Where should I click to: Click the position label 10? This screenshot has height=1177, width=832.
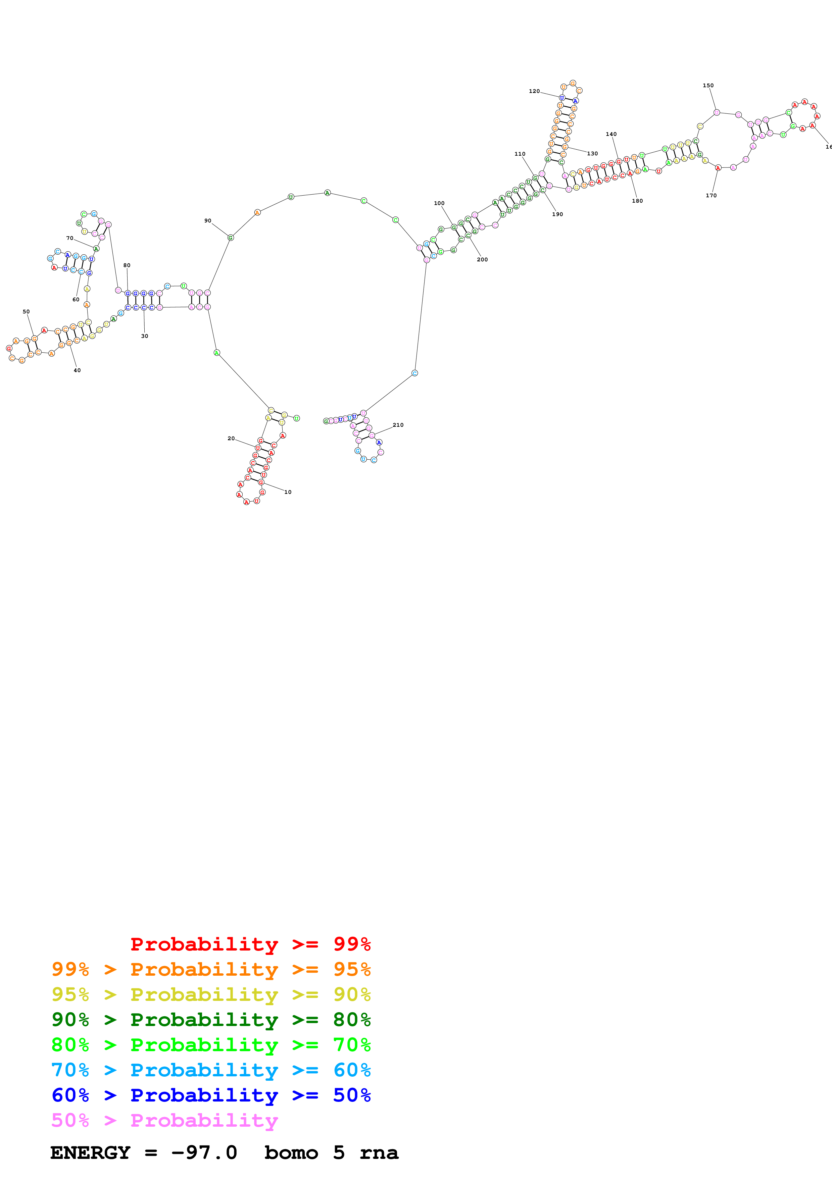pyautogui.click(x=288, y=492)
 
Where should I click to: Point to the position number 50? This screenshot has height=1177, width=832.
pyautogui.click(x=26, y=312)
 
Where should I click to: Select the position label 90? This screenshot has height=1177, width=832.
pyautogui.click(x=208, y=221)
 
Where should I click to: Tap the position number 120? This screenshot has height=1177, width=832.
pyautogui.click(x=534, y=91)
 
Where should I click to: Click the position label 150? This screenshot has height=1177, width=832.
pyautogui.click(x=708, y=86)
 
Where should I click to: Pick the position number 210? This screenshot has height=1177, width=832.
pyautogui.click(x=398, y=425)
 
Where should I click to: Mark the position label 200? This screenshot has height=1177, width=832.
pyautogui.click(x=482, y=259)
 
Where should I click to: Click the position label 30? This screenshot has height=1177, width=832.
pyautogui.click(x=145, y=336)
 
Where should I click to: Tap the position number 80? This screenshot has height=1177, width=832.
pyautogui.click(x=127, y=265)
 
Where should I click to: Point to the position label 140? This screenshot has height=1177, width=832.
pyautogui.click(x=611, y=134)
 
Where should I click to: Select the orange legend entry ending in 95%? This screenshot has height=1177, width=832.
pyautogui.click(x=211, y=969)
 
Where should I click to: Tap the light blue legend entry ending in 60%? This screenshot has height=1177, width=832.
pyautogui.click(x=211, y=1070)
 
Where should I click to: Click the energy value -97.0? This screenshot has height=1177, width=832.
pyautogui.click(x=204, y=1153)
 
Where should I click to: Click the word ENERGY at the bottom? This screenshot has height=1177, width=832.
pyautogui.click(x=90, y=1153)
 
